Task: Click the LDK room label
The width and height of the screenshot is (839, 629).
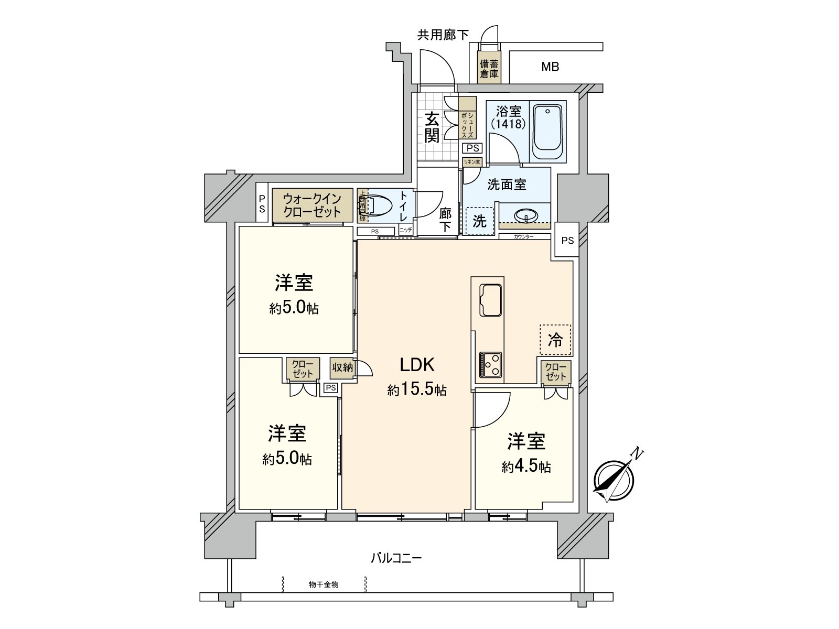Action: point(417,365)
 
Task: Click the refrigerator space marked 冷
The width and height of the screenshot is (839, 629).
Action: point(555,340)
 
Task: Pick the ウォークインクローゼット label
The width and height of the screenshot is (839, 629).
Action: point(312,205)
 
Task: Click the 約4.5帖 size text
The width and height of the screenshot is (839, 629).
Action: point(526,467)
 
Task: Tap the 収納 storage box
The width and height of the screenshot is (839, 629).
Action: point(342,367)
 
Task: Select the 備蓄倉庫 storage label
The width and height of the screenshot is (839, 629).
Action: point(489,69)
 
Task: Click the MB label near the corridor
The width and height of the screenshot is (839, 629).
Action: point(550,67)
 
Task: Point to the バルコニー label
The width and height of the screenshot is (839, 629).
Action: point(396,558)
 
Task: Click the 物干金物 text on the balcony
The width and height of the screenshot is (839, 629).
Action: point(324,584)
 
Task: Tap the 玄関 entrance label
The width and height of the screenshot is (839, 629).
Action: point(432,127)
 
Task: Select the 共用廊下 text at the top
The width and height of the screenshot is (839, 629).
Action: point(443,35)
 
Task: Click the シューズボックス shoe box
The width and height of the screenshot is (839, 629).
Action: point(467,125)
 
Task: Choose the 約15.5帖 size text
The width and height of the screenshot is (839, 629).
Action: point(417,390)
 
